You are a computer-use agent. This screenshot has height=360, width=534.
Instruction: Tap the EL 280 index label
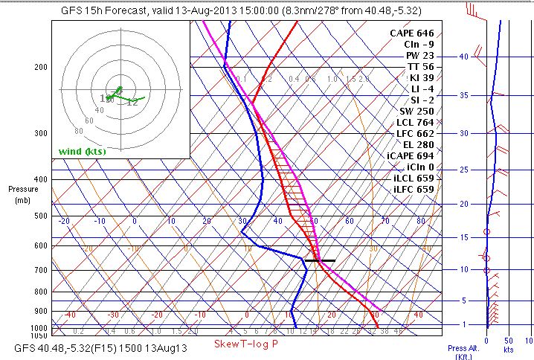click(x=417, y=144)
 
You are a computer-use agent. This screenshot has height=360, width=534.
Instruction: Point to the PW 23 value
click(x=418, y=56)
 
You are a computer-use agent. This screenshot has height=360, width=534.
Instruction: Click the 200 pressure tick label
click(x=40, y=67)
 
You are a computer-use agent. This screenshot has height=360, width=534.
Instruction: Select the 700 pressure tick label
click(x=40, y=270)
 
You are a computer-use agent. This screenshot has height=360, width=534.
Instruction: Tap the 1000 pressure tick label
click(x=38, y=328)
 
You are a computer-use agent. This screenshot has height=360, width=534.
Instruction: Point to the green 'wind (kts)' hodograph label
click(x=82, y=152)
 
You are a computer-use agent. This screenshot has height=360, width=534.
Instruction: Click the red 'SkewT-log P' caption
click(x=245, y=344)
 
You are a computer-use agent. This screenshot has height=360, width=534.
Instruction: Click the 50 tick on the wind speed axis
click(x=509, y=340)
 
